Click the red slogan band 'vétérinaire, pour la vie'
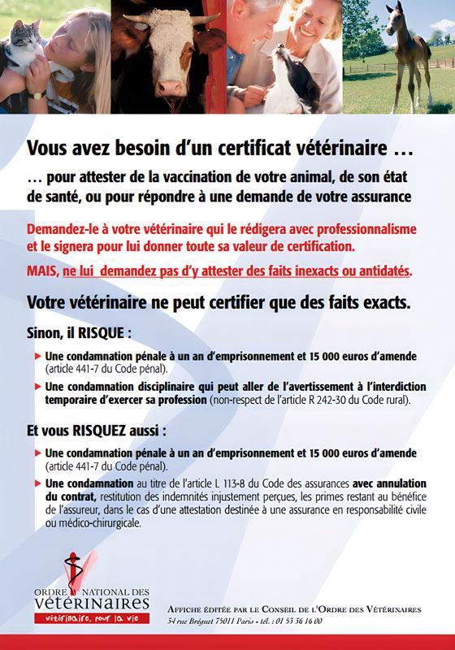point(80,620)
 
